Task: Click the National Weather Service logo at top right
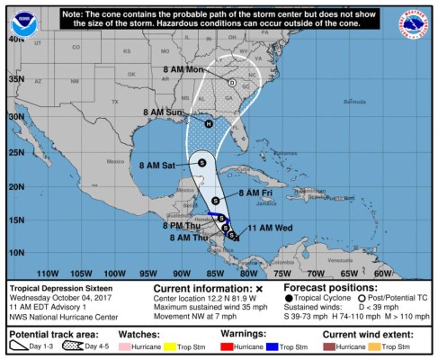(x=416, y=22)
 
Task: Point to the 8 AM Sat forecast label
(x=157, y=165)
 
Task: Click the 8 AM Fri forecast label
(x=255, y=193)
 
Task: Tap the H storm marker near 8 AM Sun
(x=209, y=123)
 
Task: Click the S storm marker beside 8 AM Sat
(x=201, y=163)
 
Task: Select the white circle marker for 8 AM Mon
(x=231, y=82)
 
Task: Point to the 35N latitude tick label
(x=14, y=79)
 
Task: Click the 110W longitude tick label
(x=47, y=274)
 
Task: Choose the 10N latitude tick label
(x=14, y=251)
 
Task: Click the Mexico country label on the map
(x=114, y=161)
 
